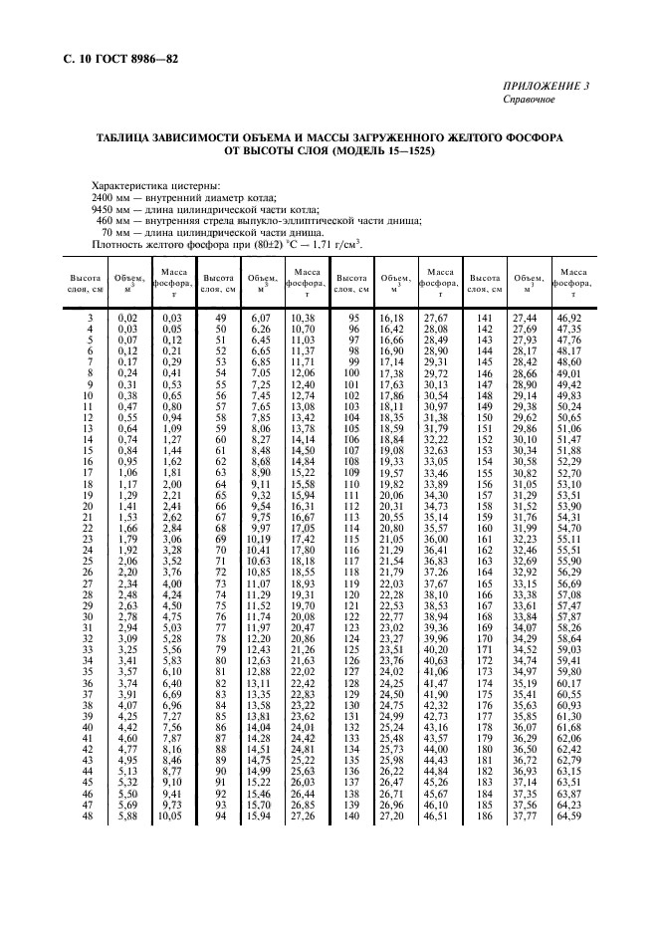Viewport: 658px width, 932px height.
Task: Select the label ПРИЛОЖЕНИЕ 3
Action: pos(549,88)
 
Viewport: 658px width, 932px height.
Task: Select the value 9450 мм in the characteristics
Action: pos(107,210)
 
